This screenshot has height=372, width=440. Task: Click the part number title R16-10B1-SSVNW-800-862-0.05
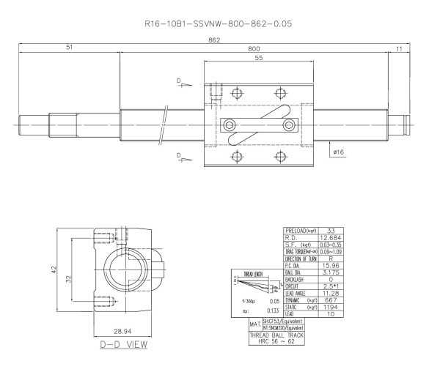pos(220,24)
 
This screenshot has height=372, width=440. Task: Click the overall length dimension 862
pos(214,41)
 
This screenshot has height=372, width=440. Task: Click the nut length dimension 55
pos(259,58)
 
